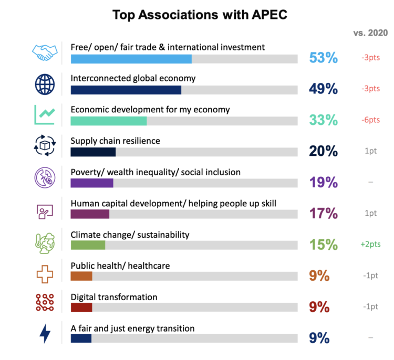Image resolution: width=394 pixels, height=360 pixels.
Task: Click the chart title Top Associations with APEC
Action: (x=200, y=15)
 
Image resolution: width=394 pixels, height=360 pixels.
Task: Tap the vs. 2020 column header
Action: (x=370, y=33)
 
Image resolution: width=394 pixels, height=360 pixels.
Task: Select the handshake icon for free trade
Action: (x=45, y=52)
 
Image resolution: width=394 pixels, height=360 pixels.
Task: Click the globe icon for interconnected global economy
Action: (x=44, y=84)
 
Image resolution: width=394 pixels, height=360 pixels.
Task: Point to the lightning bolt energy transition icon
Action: (x=45, y=333)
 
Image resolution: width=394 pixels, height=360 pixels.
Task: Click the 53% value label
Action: (x=323, y=58)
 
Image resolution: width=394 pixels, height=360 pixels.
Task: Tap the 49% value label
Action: (x=323, y=89)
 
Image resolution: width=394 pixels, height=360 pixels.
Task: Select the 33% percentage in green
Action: (x=323, y=120)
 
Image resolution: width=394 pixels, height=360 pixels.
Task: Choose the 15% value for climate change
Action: (x=323, y=245)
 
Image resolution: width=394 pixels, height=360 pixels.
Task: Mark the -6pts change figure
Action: (x=370, y=120)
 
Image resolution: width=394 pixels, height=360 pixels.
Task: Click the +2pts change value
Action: (x=370, y=245)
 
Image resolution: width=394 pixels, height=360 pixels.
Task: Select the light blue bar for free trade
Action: (x=131, y=59)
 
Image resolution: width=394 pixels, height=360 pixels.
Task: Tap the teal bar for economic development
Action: (x=109, y=121)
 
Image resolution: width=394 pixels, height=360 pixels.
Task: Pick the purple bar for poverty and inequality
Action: (x=92, y=183)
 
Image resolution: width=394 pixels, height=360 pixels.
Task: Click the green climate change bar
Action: (x=88, y=245)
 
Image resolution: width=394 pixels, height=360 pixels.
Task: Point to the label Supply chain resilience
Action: (x=115, y=141)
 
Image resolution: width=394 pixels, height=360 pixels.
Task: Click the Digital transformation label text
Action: (x=113, y=297)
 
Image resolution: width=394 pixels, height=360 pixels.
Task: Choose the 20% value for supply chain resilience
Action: (x=323, y=151)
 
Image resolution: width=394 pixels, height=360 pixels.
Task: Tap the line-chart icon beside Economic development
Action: (x=44, y=115)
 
